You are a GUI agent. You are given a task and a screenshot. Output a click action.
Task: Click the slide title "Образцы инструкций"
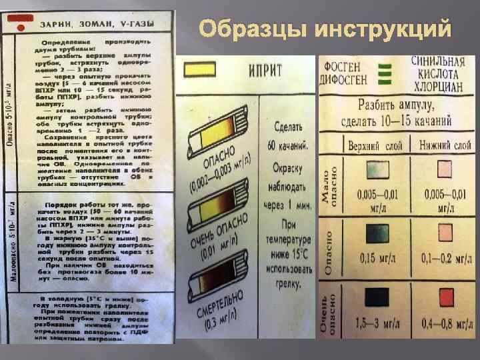pyautogui.click(x=326, y=30)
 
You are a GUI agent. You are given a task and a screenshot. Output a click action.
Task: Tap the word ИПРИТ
pyautogui.click(x=265, y=69)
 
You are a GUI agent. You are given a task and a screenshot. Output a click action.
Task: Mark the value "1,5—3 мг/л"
pyautogui.click(x=370, y=323)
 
